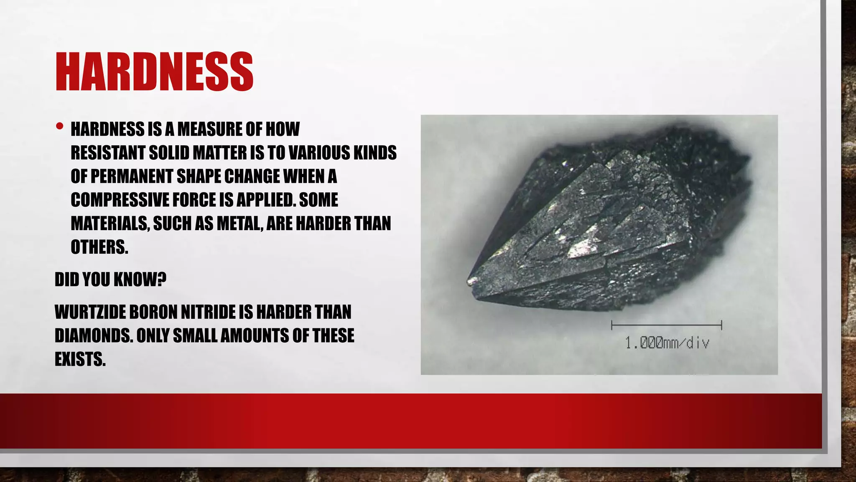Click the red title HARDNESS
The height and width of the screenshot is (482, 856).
154,72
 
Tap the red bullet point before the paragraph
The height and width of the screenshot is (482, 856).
59,126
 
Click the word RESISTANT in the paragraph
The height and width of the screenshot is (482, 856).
107,153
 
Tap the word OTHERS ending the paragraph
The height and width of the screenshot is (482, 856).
99,247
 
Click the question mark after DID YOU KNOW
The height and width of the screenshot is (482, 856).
162,279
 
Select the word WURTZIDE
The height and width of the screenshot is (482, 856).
90,312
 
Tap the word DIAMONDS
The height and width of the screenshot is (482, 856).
93,336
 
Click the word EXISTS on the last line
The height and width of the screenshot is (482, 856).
80,359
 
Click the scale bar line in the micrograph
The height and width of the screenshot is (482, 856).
666,325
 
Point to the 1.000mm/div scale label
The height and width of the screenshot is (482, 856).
667,344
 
